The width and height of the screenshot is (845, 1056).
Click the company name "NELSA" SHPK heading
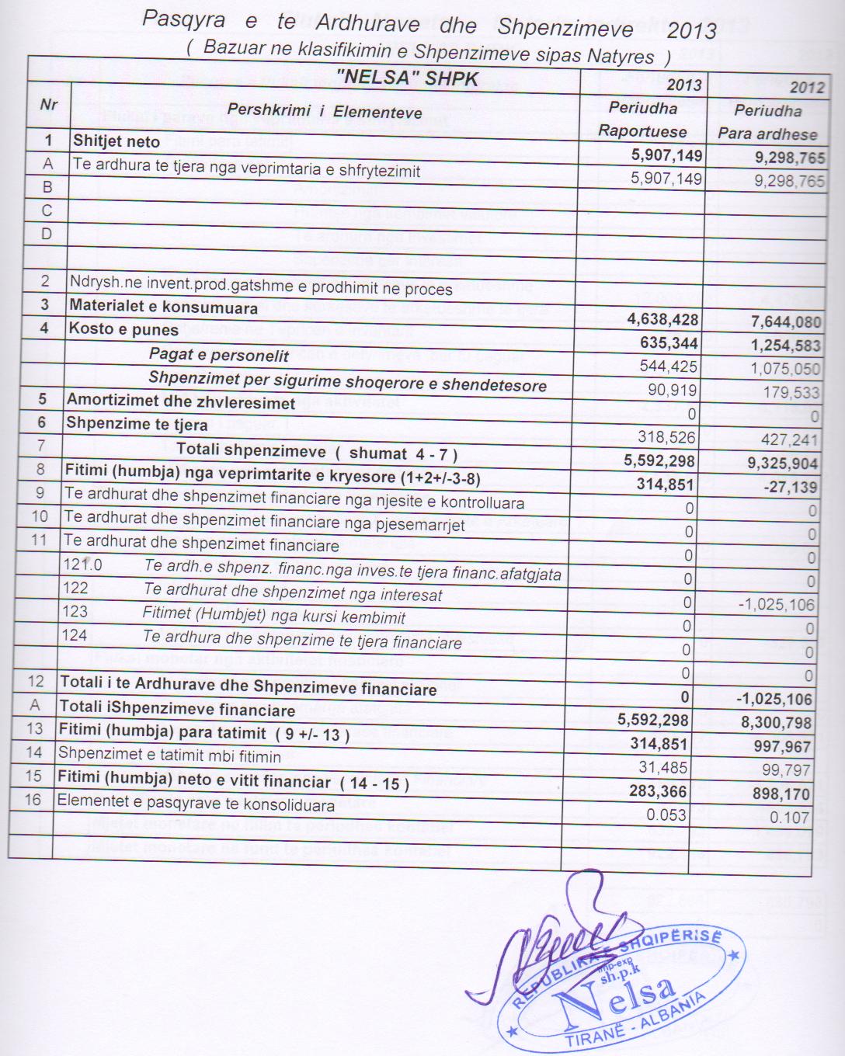coord(407,78)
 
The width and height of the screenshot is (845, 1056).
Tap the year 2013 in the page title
coord(691,31)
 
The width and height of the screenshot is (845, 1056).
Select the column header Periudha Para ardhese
coord(767,122)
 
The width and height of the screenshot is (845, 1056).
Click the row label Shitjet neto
coord(116,141)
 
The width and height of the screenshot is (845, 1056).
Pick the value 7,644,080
coord(786,321)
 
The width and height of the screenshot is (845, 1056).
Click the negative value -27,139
coord(791,487)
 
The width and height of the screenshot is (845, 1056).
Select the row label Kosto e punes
coord(123,329)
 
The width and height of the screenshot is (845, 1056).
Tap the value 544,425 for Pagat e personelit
coord(669,366)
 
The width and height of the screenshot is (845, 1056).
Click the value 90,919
coord(673,391)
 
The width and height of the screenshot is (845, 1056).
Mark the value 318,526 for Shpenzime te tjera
coord(666,437)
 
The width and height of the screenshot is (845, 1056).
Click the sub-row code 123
coord(75,612)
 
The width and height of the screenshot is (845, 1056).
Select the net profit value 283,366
coord(658,791)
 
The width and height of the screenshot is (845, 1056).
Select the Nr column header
coord(48,105)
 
